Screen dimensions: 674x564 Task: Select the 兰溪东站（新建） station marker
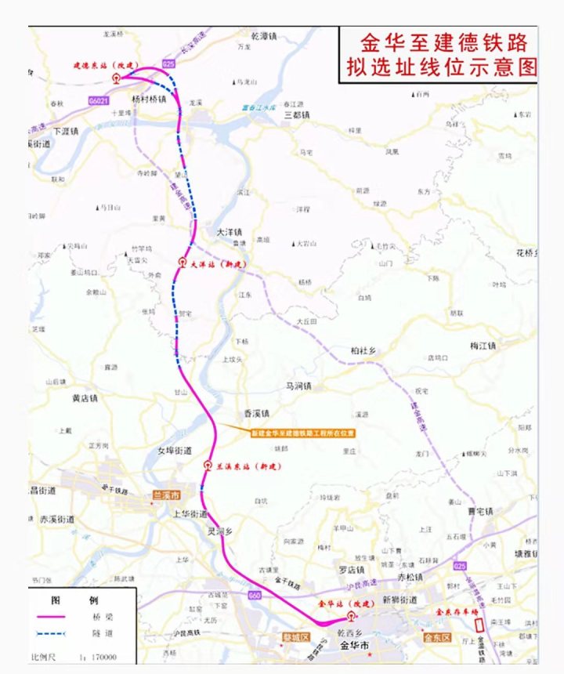click(x=208, y=466)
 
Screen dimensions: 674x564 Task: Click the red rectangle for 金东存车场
click(x=479, y=624)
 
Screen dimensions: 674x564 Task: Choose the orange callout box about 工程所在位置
click(x=302, y=433)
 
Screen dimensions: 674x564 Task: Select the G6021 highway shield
click(x=99, y=101)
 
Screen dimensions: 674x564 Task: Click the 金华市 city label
click(x=354, y=645)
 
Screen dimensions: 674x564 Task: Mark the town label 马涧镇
click(x=298, y=386)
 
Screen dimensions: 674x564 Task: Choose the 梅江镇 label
click(x=483, y=346)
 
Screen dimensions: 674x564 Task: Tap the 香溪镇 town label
click(x=257, y=413)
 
